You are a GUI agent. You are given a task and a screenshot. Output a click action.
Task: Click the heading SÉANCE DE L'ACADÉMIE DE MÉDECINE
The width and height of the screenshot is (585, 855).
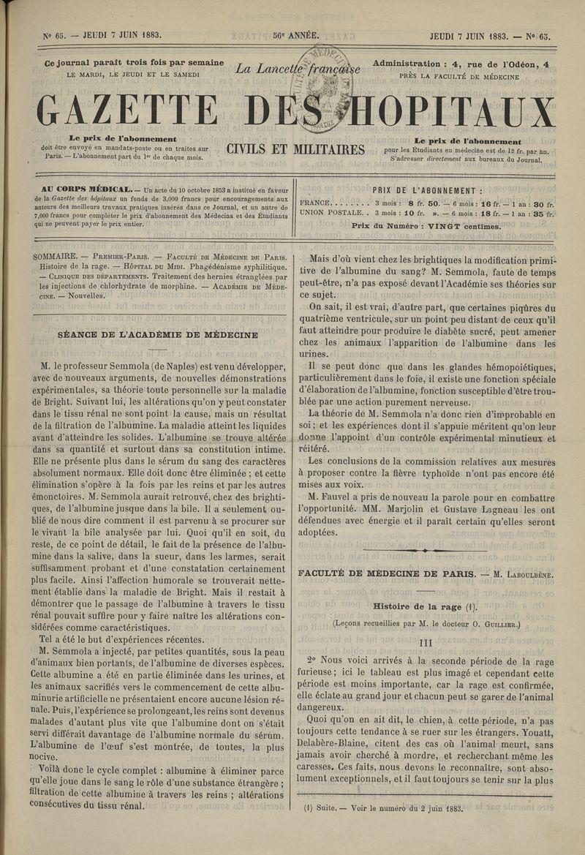(157, 334)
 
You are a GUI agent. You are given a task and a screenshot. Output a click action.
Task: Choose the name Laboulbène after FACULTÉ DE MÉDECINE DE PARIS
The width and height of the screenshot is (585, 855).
(523, 574)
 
